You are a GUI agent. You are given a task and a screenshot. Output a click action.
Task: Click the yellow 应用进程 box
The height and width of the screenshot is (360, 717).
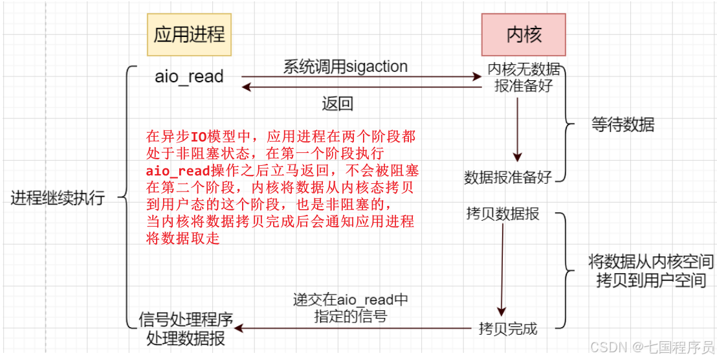click(189, 34)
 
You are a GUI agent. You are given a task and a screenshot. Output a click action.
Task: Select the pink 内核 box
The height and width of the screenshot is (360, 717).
click(523, 34)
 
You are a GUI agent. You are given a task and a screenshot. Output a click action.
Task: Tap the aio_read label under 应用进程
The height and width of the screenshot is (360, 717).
click(189, 76)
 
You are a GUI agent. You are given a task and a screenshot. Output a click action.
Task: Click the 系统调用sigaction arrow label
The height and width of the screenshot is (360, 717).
click(346, 66)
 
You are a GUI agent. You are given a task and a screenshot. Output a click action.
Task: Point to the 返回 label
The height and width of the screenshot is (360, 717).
click(337, 104)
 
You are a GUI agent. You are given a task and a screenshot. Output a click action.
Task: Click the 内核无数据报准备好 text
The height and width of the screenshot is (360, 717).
click(524, 77)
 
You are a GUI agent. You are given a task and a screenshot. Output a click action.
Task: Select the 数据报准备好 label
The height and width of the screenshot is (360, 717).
click(508, 177)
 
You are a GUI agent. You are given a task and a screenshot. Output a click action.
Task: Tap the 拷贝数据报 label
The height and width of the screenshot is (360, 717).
click(503, 214)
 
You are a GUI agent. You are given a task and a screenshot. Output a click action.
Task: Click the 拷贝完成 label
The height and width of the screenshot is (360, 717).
click(508, 328)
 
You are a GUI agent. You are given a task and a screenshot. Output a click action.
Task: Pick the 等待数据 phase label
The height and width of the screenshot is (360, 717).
click(623, 124)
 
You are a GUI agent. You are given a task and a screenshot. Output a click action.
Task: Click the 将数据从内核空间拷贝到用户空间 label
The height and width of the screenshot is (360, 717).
click(650, 271)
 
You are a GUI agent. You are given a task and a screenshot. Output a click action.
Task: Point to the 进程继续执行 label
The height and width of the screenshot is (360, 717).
click(58, 198)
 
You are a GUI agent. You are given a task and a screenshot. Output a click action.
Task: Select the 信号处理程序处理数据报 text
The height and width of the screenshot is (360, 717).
click(186, 328)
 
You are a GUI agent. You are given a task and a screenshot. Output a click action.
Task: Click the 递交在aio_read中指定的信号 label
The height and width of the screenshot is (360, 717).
click(351, 308)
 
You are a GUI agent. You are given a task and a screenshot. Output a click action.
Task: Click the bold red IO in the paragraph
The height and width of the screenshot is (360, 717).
click(198, 137)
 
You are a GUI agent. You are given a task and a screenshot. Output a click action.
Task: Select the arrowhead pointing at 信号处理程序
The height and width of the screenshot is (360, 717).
click(239, 328)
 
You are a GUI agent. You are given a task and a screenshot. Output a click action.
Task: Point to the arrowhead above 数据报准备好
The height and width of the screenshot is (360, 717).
click(517, 156)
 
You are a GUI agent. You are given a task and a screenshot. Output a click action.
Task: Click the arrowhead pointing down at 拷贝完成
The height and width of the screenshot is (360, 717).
click(500, 311)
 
